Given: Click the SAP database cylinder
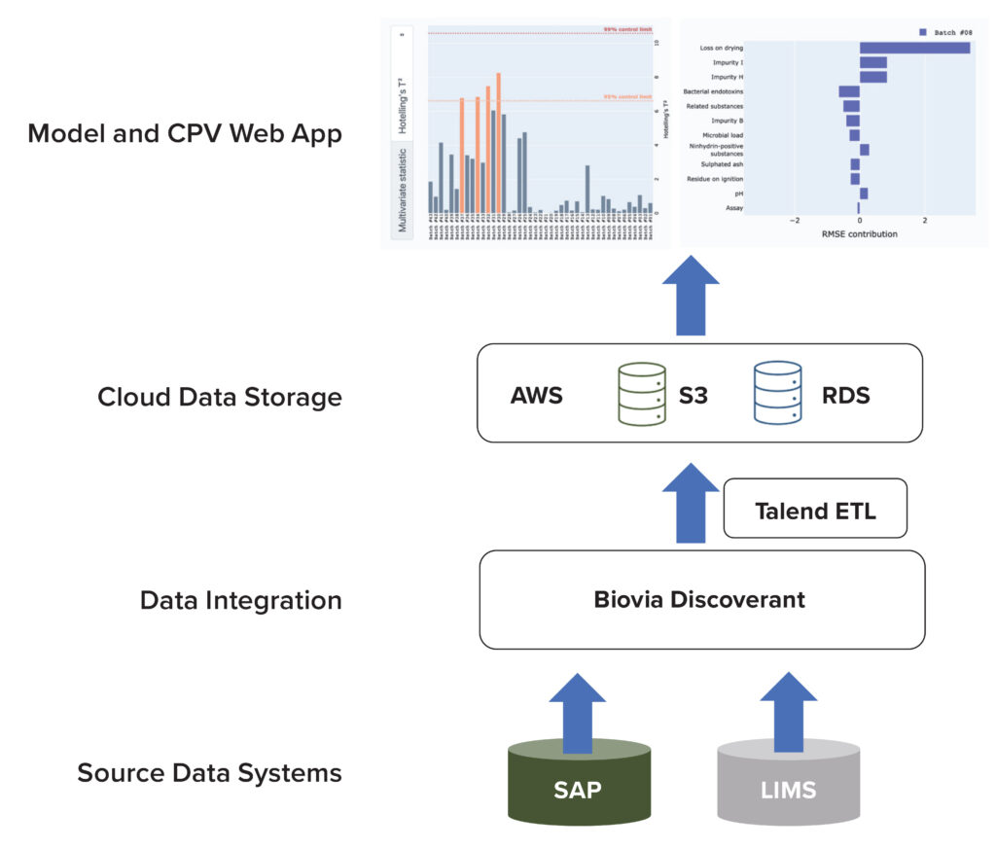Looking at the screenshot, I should click(x=580, y=789).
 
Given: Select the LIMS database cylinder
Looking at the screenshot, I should click(x=788, y=789).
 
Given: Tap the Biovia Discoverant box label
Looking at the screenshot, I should click(x=699, y=599).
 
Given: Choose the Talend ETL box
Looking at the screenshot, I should click(x=815, y=510).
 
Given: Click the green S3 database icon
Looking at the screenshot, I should click(x=641, y=394).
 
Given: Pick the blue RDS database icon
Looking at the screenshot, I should click(x=778, y=394).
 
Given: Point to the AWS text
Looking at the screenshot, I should click(x=536, y=397).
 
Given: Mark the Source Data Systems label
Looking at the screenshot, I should click(x=209, y=774).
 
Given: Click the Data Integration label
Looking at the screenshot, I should click(x=240, y=600).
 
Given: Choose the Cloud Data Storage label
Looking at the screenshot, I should click(x=220, y=397).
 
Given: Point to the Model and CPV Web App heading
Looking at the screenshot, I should click(x=185, y=133).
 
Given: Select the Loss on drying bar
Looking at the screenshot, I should click(x=914, y=48).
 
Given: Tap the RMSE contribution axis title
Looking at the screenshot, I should click(x=860, y=234).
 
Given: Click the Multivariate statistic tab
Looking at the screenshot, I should click(x=402, y=188).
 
